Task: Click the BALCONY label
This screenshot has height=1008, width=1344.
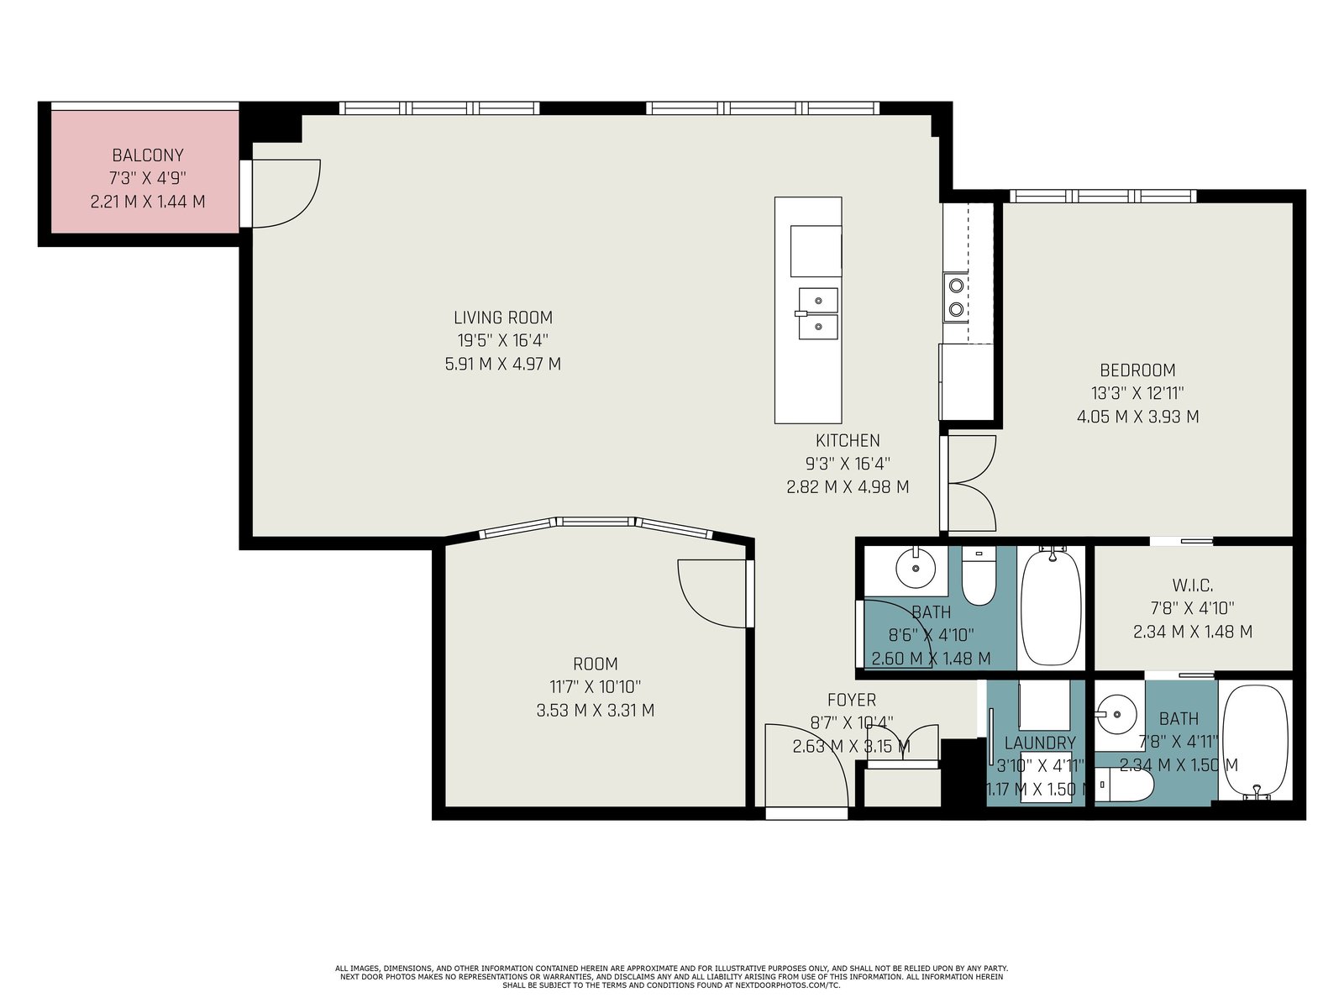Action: click(x=148, y=155)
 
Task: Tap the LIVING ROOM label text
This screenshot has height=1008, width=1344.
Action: click(x=502, y=318)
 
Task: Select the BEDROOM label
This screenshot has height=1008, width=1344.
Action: click(x=1137, y=370)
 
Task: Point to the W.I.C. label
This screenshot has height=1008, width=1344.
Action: click(x=1193, y=585)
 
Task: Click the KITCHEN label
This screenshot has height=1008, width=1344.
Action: click(x=848, y=441)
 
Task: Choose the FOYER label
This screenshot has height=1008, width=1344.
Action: click(x=851, y=700)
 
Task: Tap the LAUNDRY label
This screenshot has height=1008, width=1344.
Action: click(x=1040, y=743)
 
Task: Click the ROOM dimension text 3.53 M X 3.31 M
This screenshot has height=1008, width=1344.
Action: click(x=596, y=711)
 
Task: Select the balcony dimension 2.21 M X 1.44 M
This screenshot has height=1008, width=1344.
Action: click(x=148, y=202)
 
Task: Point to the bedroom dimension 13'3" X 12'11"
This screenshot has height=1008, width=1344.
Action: click(x=1137, y=393)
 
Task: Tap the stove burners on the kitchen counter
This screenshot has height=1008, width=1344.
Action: click(x=956, y=297)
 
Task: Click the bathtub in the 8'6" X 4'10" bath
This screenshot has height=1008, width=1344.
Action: click(x=1051, y=606)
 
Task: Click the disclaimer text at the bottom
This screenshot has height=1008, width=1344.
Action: click(x=671, y=977)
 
